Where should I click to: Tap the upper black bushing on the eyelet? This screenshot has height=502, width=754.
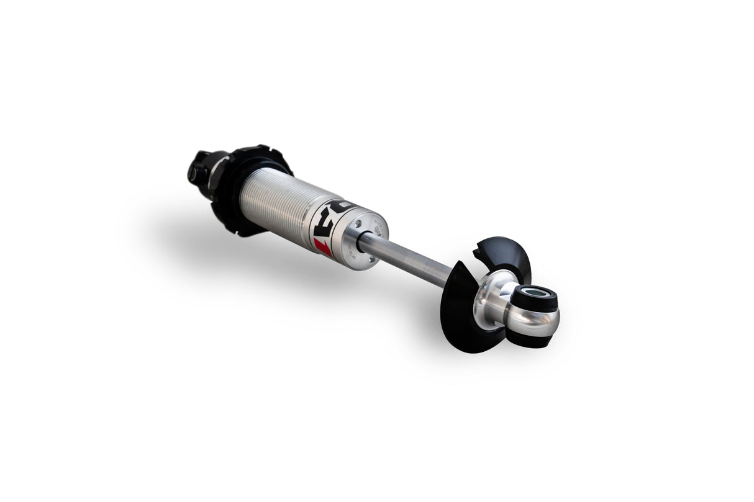coord(535,297)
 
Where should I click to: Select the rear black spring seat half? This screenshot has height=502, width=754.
coord(506,254)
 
